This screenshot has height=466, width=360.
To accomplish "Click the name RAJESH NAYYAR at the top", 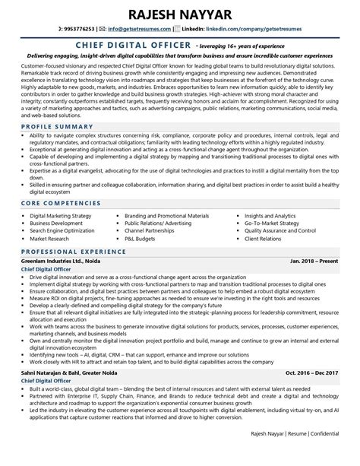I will coord(180,12).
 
